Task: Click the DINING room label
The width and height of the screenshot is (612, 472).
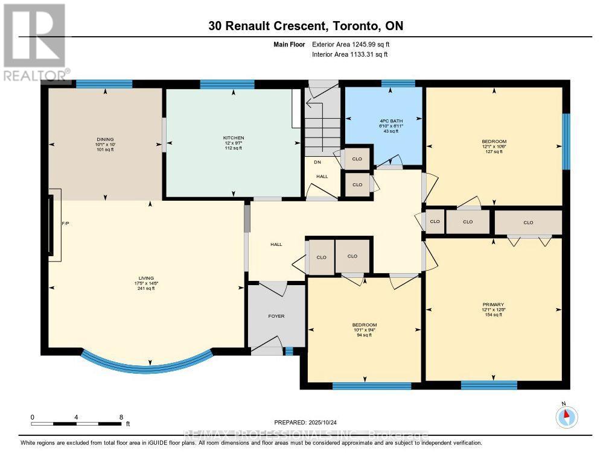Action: click(x=104, y=139)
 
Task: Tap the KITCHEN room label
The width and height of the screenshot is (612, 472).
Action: click(x=233, y=137)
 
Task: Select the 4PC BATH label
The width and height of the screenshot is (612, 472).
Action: click(x=389, y=120)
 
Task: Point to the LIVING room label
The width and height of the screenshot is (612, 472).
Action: click(x=145, y=278)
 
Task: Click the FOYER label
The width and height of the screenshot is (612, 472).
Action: click(x=276, y=316)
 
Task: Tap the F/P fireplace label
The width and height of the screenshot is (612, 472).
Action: click(x=66, y=223)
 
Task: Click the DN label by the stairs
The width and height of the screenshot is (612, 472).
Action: click(x=316, y=162)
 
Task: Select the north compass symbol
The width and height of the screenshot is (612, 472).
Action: click(x=566, y=417)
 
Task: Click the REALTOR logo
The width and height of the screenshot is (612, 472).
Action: click(x=34, y=42)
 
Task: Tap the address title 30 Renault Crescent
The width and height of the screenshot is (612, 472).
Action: click(x=305, y=26)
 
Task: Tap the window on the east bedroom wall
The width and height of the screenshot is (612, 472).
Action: click(x=566, y=142)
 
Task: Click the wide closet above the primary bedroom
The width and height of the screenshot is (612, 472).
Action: click(x=528, y=222)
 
